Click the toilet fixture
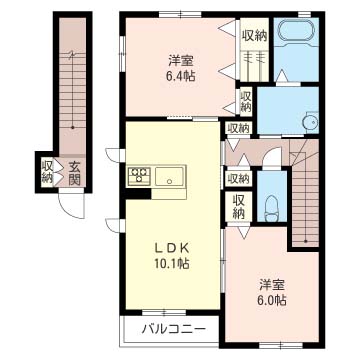272,208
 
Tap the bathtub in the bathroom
296,31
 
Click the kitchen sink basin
169,176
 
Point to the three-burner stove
139,176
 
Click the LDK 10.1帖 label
172,257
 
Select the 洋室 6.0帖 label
272,294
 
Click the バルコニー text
173,330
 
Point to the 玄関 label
75,174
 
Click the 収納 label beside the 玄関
47,172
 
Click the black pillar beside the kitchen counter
138,194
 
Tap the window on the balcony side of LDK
164,312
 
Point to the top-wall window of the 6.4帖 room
180,14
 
